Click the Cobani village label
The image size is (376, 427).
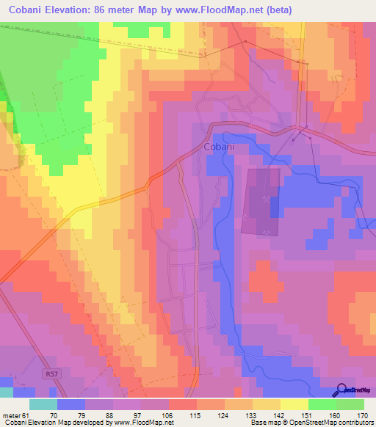pyautogui.click(x=218, y=147)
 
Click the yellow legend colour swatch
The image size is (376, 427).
pyautogui.click(x=294, y=404)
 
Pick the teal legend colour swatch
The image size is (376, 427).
pyautogui.click(x=43, y=404)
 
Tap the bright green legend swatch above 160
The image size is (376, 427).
pyautogui.click(x=322, y=404)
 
